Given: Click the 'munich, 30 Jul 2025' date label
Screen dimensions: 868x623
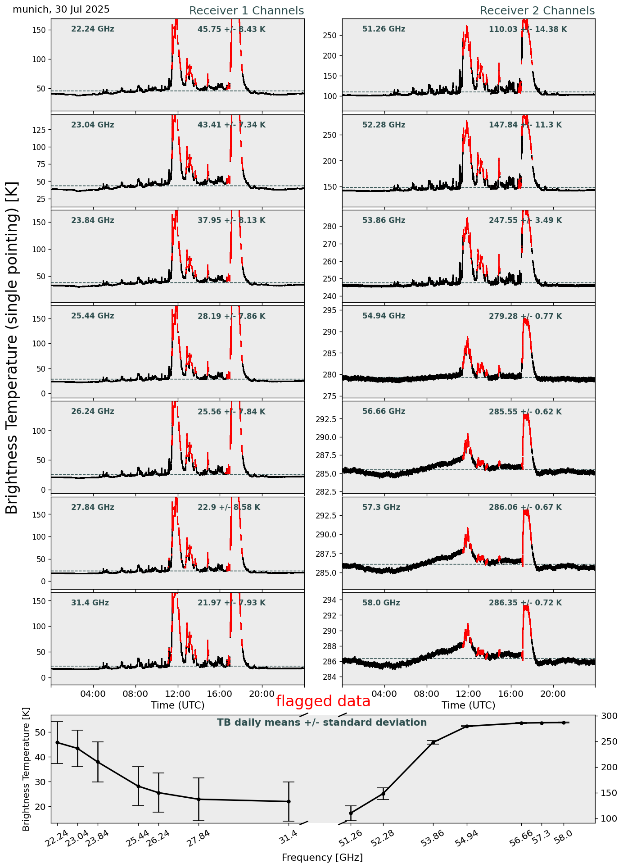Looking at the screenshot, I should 61,9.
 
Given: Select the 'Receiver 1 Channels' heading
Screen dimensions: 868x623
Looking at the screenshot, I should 246,11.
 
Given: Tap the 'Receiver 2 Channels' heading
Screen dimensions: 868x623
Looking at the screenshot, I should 537,11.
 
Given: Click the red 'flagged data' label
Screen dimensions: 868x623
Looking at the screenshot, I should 323,701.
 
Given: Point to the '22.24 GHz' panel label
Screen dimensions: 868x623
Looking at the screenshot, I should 93,29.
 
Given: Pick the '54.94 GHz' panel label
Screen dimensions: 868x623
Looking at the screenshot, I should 384,316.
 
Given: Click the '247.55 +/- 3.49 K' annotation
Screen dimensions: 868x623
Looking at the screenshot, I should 525,221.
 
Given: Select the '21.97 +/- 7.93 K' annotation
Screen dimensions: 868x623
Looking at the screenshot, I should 231,603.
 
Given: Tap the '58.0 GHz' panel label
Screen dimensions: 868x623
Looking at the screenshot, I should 381,603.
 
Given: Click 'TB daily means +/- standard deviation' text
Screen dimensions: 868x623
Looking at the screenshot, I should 322,723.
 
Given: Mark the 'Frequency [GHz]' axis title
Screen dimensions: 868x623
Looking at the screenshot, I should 322,857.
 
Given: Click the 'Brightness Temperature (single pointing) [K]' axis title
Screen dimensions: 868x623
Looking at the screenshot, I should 12,348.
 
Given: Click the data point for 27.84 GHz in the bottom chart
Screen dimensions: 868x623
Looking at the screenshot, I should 199,799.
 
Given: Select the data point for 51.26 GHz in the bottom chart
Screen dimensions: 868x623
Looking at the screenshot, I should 351,813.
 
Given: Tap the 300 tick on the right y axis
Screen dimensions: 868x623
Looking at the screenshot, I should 608,716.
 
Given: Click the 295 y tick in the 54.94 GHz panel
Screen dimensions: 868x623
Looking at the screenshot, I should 332,310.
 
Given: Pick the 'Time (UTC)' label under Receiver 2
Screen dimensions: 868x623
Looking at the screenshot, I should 468,705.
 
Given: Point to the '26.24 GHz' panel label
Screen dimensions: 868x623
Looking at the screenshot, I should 93,412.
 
